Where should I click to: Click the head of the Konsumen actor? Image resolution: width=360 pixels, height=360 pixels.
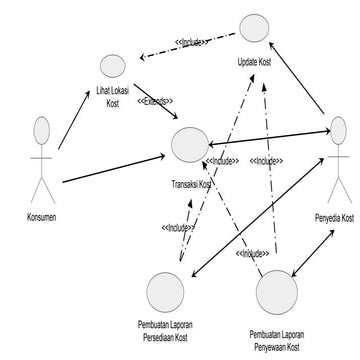pos(41,131)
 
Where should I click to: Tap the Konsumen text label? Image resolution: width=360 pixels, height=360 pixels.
pos(41,216)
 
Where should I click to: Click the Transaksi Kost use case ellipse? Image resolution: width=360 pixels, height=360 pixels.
pos(189,145)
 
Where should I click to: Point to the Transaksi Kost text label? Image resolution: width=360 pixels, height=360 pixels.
pos(192,184)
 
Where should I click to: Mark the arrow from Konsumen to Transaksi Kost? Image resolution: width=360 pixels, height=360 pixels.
pos(115,168)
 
